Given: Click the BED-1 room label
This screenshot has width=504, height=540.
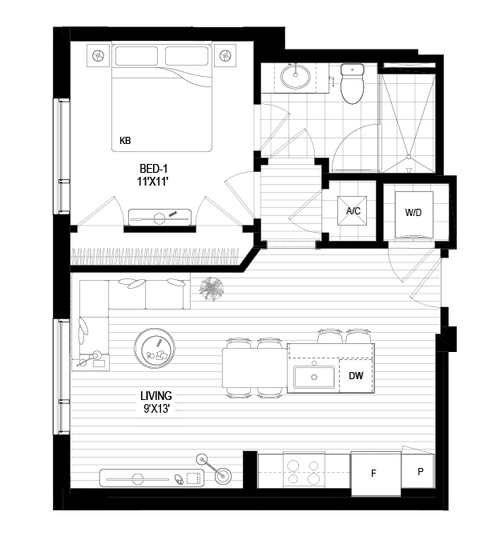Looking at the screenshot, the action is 154,169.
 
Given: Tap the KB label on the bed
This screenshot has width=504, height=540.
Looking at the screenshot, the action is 125,141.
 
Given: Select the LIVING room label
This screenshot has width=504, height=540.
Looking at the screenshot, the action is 156,396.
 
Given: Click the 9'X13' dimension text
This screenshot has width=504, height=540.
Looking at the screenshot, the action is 157,409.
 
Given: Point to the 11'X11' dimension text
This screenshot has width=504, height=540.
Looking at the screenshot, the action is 152,182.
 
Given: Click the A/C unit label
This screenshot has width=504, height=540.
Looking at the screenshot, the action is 353,210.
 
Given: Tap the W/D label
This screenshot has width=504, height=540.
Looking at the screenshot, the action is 413,213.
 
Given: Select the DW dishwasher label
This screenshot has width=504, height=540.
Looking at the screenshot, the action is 356,375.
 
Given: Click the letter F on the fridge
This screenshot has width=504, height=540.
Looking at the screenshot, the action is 373,474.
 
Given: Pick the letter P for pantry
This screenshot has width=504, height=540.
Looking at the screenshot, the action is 420,471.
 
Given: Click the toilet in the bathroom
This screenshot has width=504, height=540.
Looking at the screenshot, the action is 353,84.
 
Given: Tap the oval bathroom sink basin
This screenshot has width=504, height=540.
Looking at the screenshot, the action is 296,77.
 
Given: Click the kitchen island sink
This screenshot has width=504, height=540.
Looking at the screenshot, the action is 314,377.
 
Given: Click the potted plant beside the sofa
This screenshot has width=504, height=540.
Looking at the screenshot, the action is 211,289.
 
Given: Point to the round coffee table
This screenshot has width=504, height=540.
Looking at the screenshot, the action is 155,348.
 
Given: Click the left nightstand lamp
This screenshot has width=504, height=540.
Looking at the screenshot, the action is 98,55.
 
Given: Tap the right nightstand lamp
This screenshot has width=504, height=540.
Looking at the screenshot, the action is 225,55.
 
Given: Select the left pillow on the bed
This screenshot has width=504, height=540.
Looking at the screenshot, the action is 138,56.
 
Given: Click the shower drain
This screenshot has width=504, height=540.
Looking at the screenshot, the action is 409,157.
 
